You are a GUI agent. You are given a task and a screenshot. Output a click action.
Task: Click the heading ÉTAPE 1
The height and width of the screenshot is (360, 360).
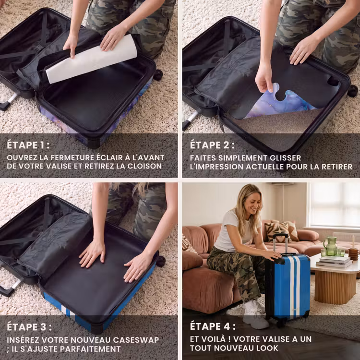[28, 145]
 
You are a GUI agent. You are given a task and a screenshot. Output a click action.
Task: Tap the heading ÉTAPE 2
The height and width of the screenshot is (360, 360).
[212, 145]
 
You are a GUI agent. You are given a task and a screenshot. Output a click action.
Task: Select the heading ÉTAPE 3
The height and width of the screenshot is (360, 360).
[29, 327]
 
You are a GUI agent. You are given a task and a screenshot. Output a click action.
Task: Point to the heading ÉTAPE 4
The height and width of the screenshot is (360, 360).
[213, 326]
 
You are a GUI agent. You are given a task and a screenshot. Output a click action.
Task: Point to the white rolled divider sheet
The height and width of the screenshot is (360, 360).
[91, 60]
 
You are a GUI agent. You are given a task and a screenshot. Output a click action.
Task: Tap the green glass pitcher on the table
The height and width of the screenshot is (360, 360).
[330, 246]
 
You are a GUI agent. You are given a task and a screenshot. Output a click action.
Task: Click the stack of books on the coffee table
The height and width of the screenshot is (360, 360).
[334, 262]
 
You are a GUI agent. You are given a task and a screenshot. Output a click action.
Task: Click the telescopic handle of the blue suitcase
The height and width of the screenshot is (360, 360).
[280, 243]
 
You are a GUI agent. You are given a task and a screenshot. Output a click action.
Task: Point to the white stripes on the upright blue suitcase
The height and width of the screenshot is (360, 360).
[294, 287]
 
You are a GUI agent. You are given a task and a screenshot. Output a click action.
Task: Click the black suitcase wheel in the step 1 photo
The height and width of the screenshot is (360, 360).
[158, 74]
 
